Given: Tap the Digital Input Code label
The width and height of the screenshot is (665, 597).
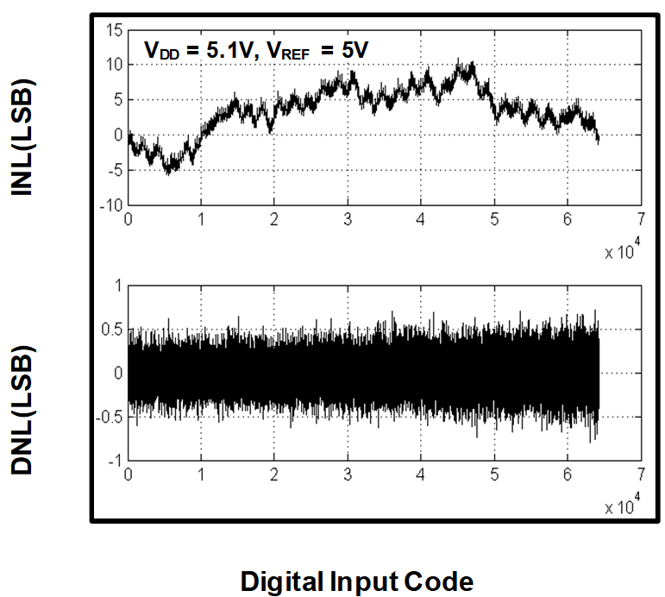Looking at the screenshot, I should (357, 581).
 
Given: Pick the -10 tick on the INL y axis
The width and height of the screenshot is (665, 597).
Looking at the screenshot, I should (111, 205).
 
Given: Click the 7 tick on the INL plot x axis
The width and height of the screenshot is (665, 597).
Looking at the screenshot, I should (639, 218).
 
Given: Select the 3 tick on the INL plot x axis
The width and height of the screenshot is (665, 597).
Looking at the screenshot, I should (348, 218).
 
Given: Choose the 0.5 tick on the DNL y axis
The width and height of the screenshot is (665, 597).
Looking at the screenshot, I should (112, 329).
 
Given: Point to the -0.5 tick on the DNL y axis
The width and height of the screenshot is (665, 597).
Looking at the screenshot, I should (110, 418).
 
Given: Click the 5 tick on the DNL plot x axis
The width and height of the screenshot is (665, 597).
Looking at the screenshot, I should (493, 474).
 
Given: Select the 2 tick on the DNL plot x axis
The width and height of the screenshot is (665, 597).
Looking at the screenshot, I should (274, 474).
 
